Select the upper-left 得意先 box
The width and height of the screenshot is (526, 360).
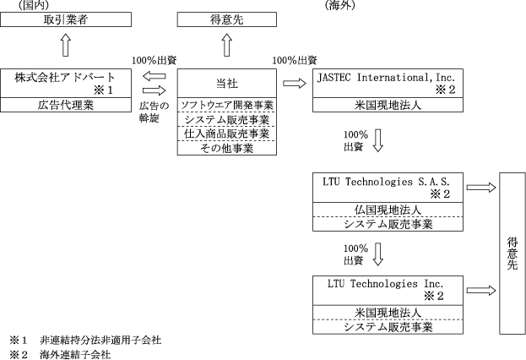pos(226,19)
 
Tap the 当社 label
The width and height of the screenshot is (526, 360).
pos(226,82)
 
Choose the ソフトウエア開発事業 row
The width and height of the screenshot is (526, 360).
pos(226,105)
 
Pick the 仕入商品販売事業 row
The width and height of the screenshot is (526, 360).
pos(226,134)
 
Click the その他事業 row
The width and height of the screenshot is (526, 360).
pos(226,147)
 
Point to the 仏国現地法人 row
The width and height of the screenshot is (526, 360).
pos(388,209)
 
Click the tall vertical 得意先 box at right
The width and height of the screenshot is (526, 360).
pos(512,253)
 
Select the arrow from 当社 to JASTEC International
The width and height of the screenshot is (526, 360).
pos(295,83)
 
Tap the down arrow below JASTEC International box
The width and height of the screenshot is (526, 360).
pos(377,140)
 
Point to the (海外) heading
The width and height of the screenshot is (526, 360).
pos(339,5)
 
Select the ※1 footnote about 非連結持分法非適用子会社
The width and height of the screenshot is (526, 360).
pos(85,340)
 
